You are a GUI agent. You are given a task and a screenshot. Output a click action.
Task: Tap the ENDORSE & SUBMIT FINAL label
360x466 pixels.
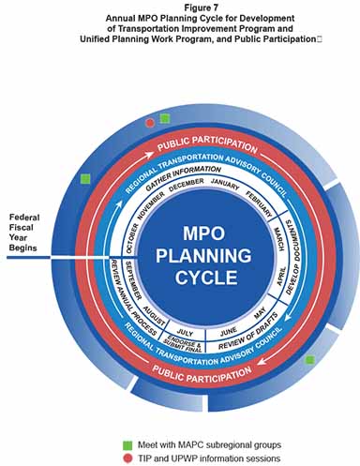pyautogui.click(x=185, y=346)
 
